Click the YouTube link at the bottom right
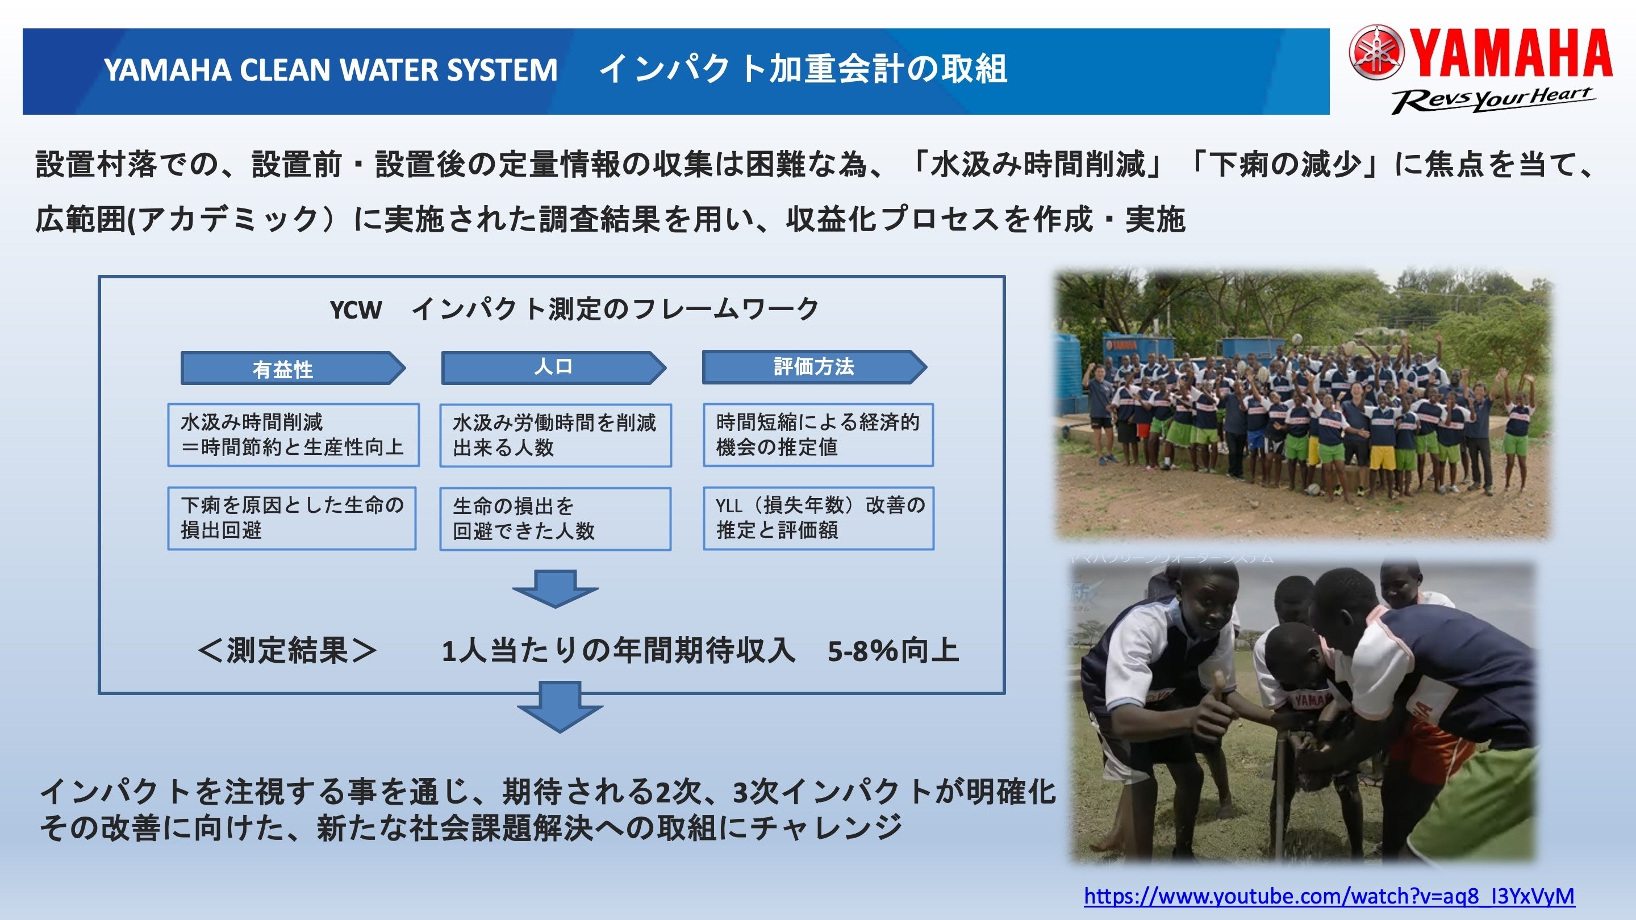pos(1329,896)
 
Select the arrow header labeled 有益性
pos(292,368)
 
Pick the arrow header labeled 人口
pos(553,367)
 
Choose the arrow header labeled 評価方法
pos(813,367)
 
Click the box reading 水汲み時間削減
pos(293,435)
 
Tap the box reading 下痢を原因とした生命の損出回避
pos(291,518)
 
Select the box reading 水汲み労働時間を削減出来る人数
pos(555,436)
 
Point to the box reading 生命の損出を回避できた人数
pos(555,518)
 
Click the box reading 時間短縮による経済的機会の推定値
pos(818,435)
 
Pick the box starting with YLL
pos(818,518)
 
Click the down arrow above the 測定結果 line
pos(555,588)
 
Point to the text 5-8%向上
pos(892,651)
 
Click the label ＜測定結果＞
pos(287,651)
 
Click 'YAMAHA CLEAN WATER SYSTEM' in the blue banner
pos(330,70)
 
